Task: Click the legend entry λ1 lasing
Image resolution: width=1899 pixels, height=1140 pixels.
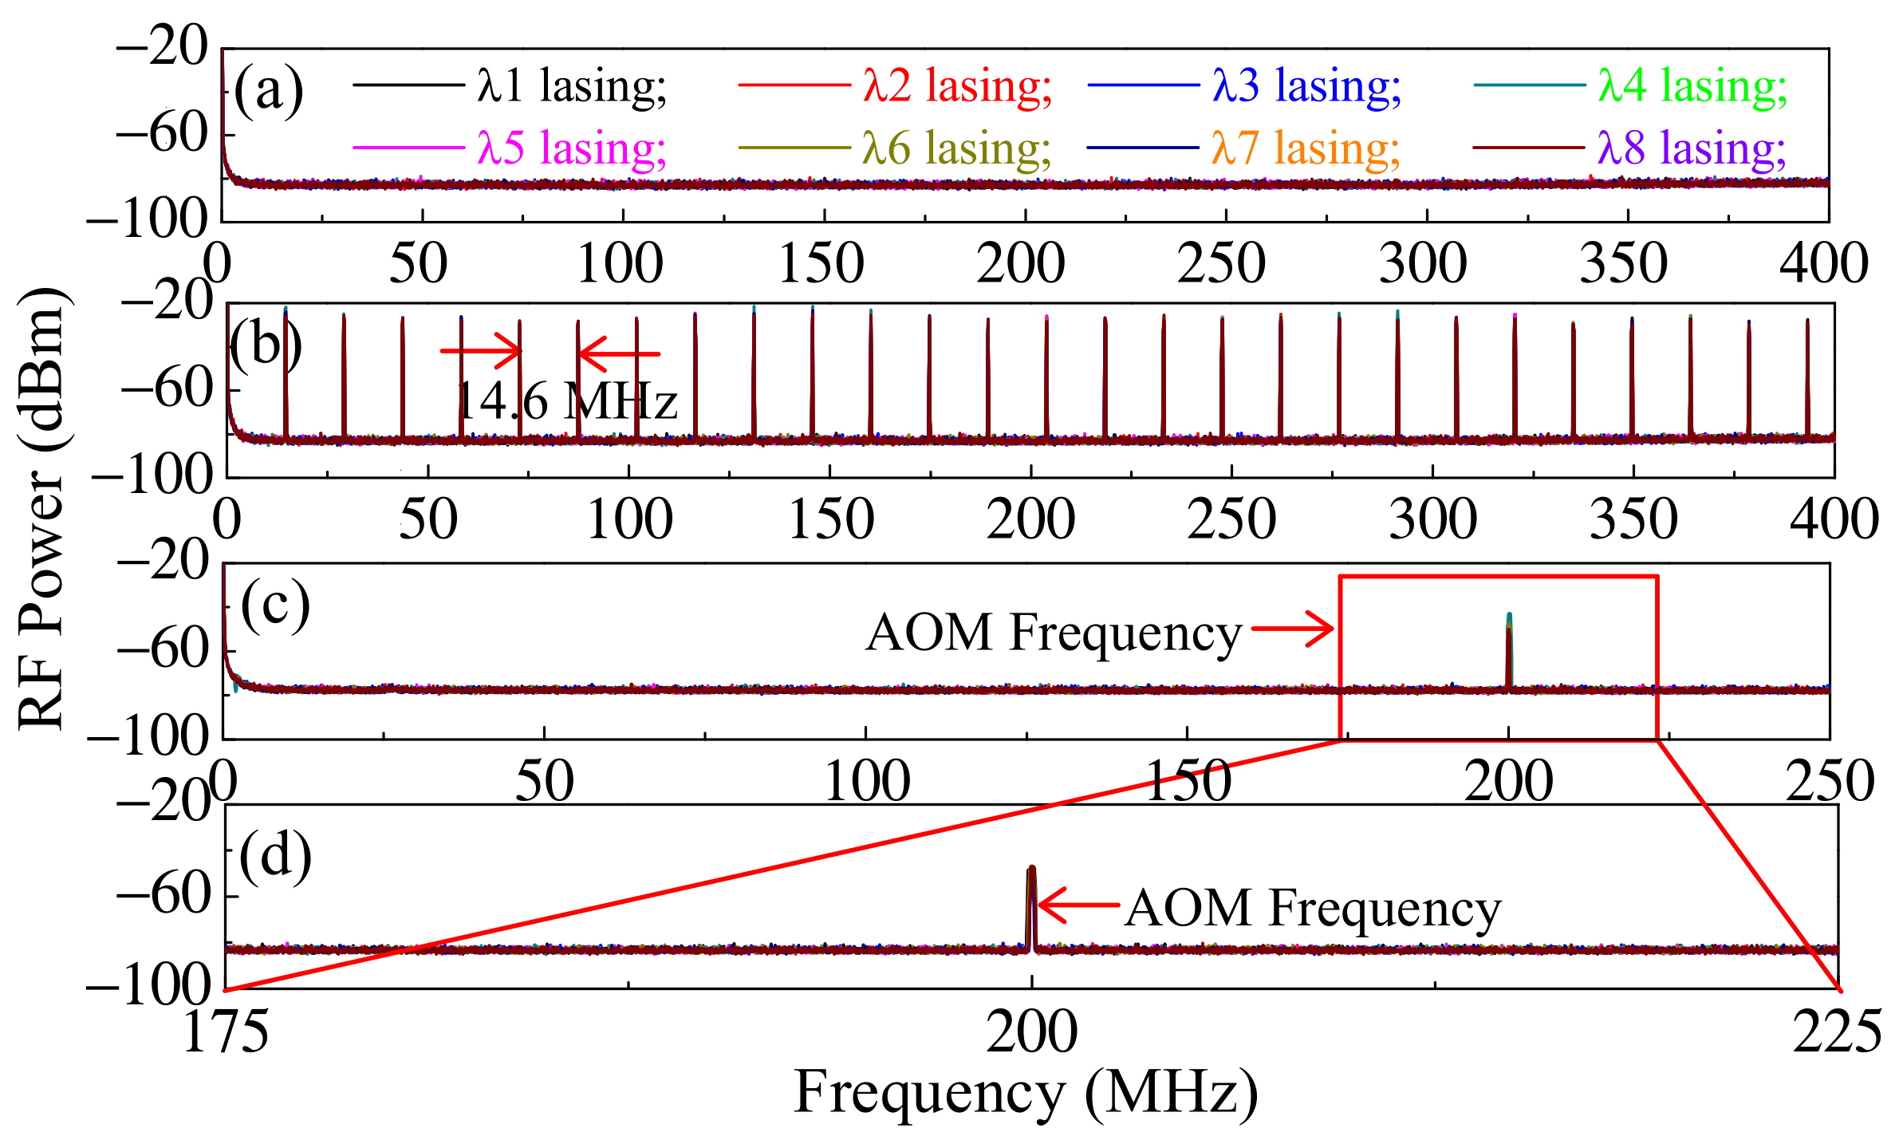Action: tap(571, 85)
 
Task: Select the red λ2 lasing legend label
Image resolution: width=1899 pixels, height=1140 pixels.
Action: tap(957, 85)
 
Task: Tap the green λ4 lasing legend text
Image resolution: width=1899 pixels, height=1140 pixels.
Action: tap(1692, 85)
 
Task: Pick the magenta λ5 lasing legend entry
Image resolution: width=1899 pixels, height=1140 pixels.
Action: tap(571, 148)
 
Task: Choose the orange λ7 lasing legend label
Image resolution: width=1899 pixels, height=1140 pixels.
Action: tap(1306, 148)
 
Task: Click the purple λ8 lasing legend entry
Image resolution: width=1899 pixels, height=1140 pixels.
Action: tap(1692, 148)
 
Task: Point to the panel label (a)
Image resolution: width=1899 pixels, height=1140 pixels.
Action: tap(269, 89)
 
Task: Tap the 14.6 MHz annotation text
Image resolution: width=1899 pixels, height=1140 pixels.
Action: tap(566, 401)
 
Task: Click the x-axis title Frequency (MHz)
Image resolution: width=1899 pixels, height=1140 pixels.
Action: tap(1026, 1092)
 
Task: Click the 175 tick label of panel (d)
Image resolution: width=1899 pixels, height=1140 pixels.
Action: tap(226, 1032)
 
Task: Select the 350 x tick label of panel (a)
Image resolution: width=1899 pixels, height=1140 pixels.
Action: tap(1624, 263)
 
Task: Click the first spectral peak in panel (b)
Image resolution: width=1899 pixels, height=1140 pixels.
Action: tap(286, 375)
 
